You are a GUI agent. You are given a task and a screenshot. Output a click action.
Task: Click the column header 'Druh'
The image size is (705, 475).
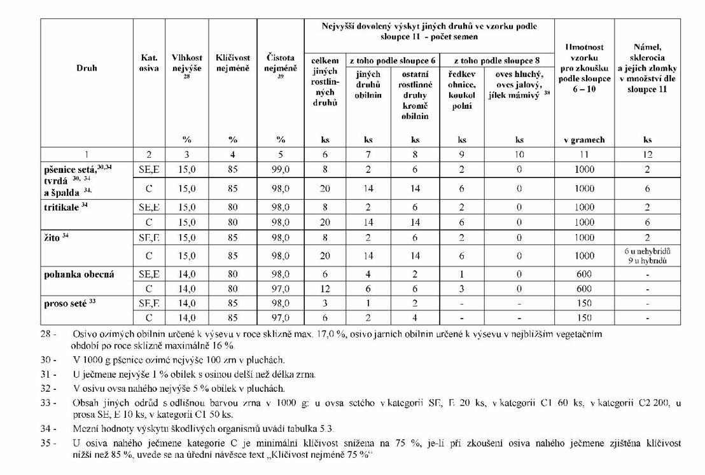(87, 67)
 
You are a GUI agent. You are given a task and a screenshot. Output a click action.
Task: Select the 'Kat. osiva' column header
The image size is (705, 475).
(149, 63)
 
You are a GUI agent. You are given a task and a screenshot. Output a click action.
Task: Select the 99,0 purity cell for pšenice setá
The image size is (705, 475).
(281, 170)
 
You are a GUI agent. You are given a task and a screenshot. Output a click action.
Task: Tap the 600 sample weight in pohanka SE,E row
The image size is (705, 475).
(584, 275)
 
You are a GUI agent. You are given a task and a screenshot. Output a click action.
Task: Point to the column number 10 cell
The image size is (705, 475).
(519, 154)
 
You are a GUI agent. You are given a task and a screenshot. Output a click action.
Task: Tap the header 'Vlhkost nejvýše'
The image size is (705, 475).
(186, 63)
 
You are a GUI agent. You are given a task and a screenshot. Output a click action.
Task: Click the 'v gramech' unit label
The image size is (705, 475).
(584, 140)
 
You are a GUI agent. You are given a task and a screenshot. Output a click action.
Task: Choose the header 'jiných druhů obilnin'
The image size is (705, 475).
(368, 85)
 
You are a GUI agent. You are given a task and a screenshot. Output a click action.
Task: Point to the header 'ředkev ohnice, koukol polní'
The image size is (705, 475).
(462, 90)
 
